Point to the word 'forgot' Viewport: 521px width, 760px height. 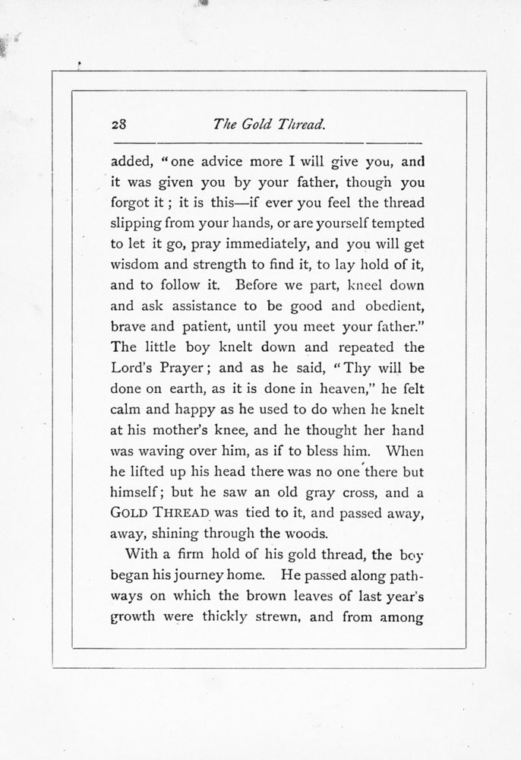132,204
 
